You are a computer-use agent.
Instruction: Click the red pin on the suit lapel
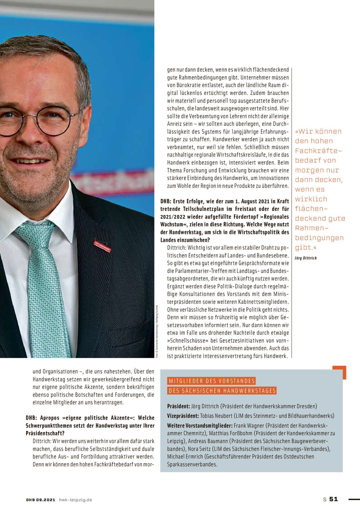click(x=102, y=246)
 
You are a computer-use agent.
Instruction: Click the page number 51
click(x=333, y=499)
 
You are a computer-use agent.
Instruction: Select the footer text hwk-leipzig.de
click(x=75, y=499)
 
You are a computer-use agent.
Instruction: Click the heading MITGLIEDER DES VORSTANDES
click(x=211, y=381)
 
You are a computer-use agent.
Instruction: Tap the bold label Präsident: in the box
click(x=178, y=406)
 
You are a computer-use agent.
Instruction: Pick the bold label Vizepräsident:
click(x=183, y=416)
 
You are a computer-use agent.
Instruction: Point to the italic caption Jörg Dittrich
click(x=306, y=258)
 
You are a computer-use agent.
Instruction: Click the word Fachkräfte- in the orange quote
click(x=318, y=151)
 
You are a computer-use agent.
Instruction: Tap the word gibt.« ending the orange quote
click(x=306, y=247)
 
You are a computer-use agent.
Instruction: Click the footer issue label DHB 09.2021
click(x=40, y=499)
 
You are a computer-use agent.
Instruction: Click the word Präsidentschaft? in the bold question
click(x=45, y=433)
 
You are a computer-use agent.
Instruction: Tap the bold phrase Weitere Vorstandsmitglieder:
click(x=200, y=425)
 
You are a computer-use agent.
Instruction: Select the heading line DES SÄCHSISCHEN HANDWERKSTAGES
click(x=222, y=391)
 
